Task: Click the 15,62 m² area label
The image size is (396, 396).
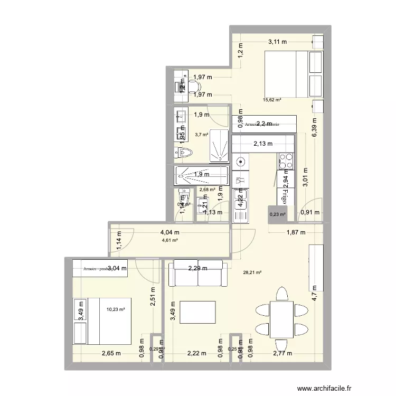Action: coord(272,100)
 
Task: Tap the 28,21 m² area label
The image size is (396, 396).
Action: coord(253,273)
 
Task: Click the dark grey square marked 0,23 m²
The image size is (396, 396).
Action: coord(278,214)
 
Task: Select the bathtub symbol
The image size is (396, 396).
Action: coord(201,174)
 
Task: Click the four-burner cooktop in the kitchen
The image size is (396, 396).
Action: coord(285,159)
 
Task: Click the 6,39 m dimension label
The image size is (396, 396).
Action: coord(315,128)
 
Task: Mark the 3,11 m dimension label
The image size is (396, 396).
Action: coord(277,42)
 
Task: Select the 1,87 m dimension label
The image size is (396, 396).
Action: coord(295,233)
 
